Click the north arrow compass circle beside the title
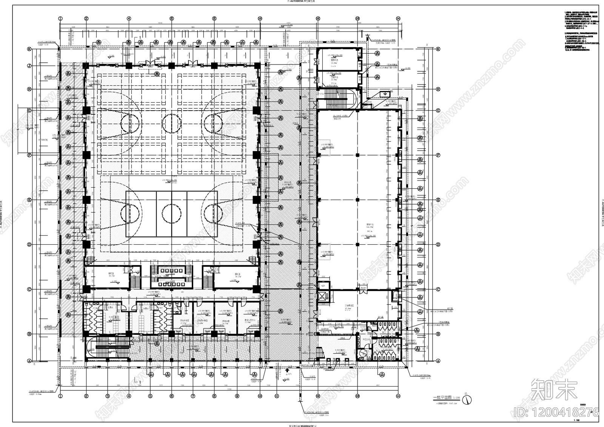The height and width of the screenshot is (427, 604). coord(467,398)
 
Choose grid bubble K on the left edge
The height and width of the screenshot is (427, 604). coord(29,49)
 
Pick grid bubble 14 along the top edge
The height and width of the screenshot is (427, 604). coord(398,18)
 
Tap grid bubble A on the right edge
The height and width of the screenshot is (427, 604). coord(438,361)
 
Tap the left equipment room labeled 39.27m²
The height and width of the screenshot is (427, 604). coord(112,277)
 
